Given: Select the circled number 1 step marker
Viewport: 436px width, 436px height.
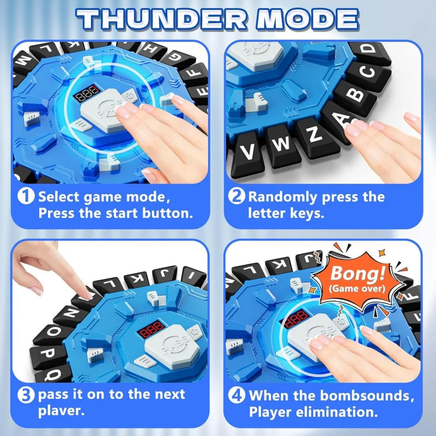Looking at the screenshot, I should [x=26, y=196].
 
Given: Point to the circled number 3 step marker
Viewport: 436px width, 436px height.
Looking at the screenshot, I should [x=26, y=394].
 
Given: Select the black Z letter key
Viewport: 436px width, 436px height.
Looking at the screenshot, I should [x=314, y=136].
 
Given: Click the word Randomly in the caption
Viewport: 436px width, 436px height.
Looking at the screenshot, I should [x=289, y=196].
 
